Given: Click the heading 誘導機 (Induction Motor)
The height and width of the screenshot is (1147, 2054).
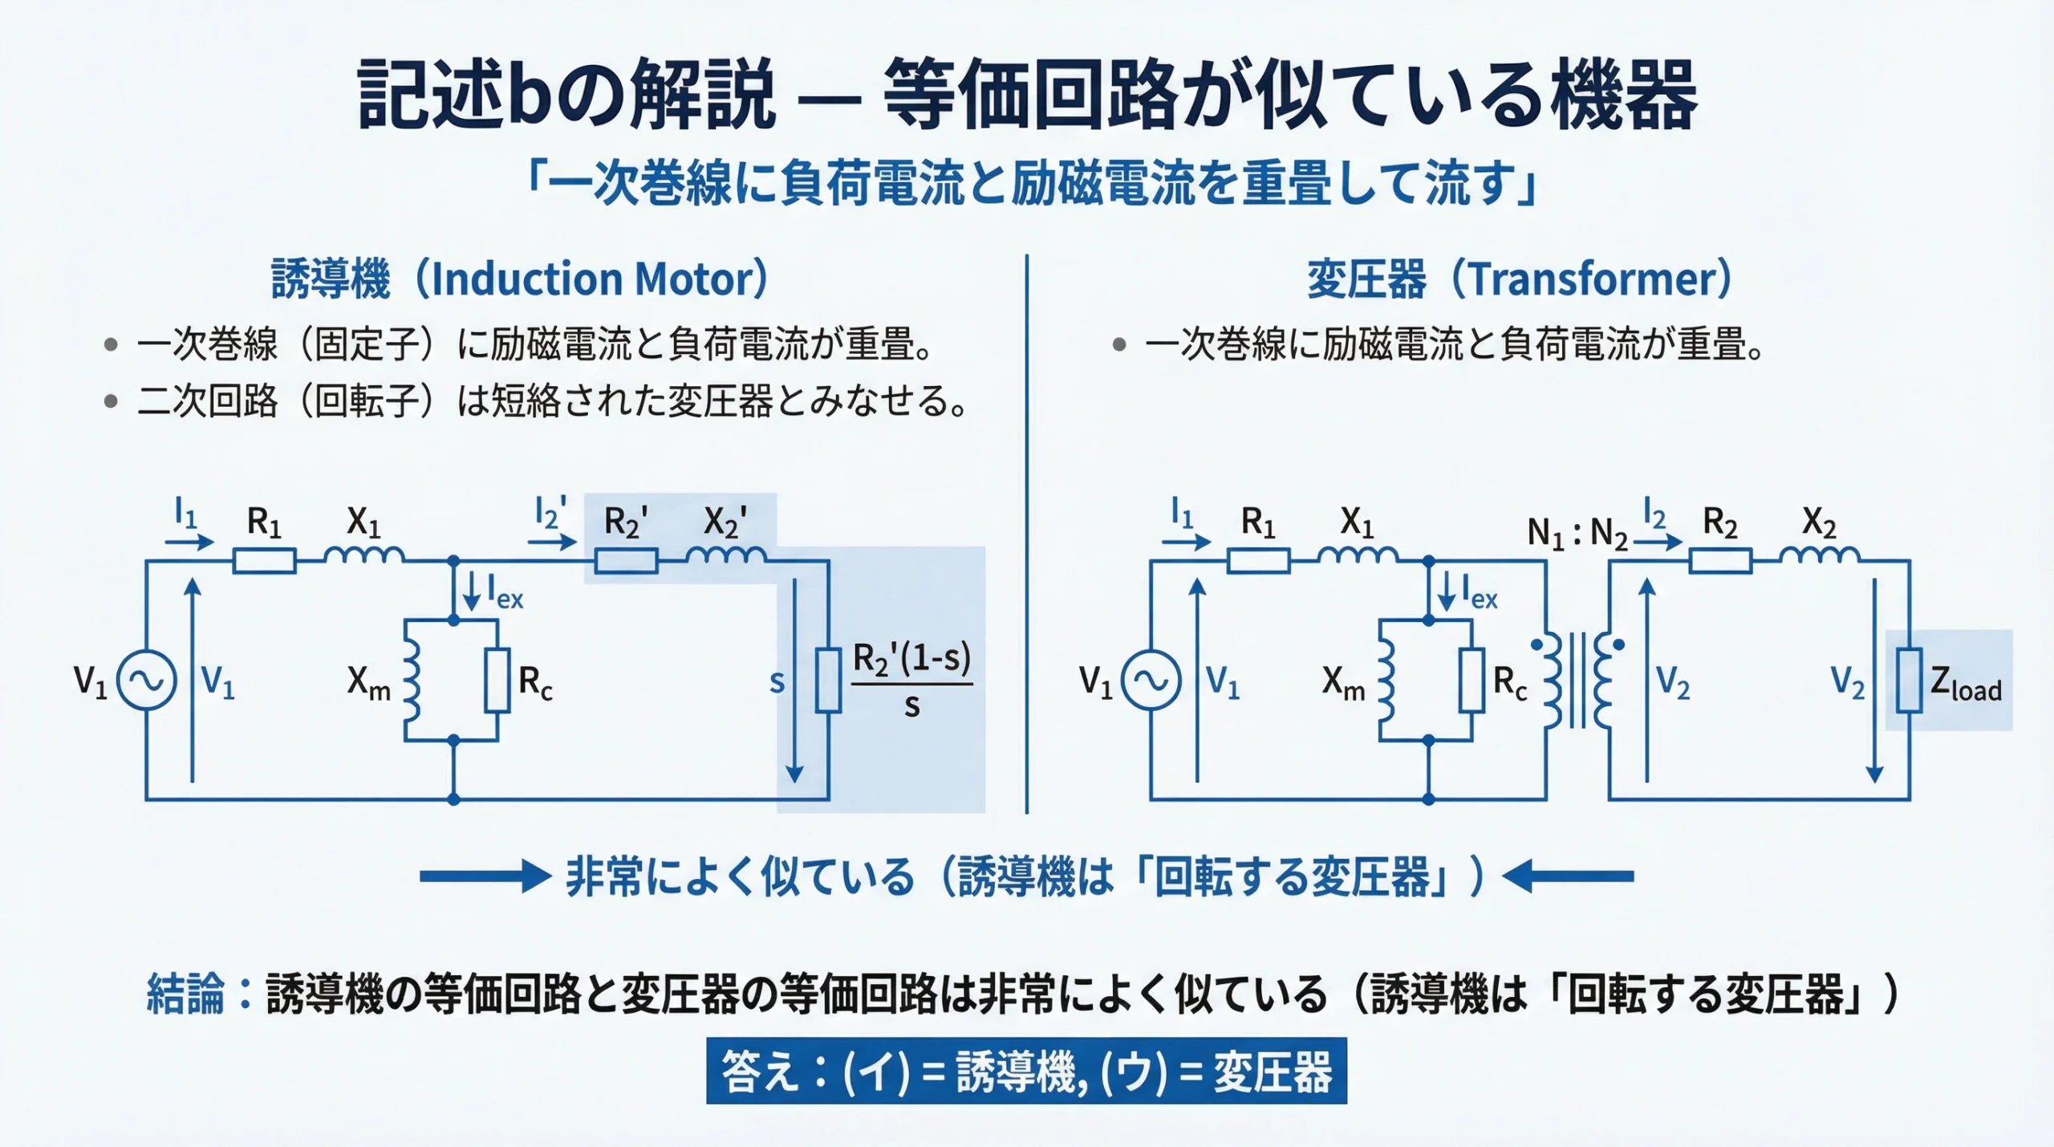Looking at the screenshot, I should pyautogui.click(x=520, y=279).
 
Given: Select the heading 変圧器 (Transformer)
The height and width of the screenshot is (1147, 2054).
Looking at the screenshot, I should pyautogui.click(x=1519, y=279).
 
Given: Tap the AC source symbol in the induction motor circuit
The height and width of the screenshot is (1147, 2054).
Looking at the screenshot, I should pyautogui.click(x=147, y=681).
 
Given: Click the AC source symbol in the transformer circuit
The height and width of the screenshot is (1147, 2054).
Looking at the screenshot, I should pyautogui.click(x=1151, y=681).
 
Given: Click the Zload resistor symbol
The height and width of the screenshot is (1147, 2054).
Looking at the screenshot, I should pyautogui.click(x=1909, y=681).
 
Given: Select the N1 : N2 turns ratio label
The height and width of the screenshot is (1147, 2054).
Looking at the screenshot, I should pyautogui.click(x=1577, y=532).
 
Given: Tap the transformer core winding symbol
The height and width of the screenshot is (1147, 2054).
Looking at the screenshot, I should pyautogui.click(x=1577, y=681).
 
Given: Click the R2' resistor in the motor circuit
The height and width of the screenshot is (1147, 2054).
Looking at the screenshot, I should pyautogui.click(x=626, y=560).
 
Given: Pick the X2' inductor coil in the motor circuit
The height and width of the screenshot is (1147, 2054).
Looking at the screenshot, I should pyautogui.click(x=726, y=555).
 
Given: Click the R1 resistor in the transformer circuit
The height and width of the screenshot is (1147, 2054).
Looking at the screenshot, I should pyautogui.click(x=1258, y=560).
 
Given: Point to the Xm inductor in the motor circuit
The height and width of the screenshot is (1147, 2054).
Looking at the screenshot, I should pyautogui.click(x=412, y=681).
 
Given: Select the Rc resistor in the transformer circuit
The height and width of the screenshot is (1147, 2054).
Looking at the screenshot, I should pyautogui.click(x=1471, y=681).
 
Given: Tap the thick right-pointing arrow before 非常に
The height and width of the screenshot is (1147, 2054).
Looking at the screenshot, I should pyautogui.click(x=485, y=876).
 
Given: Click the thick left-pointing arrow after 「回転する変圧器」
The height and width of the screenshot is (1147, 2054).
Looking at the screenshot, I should pyautogui.click(x=1568, y=876).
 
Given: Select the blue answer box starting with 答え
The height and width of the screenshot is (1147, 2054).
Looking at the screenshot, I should pyautogui.click(x=1026, y=1071).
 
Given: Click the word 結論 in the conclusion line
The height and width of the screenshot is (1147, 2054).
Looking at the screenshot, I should pyautogui.click(x=185, y=994).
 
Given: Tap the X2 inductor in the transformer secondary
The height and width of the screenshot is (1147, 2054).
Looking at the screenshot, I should pyautogui.click(x=1819, y=555).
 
